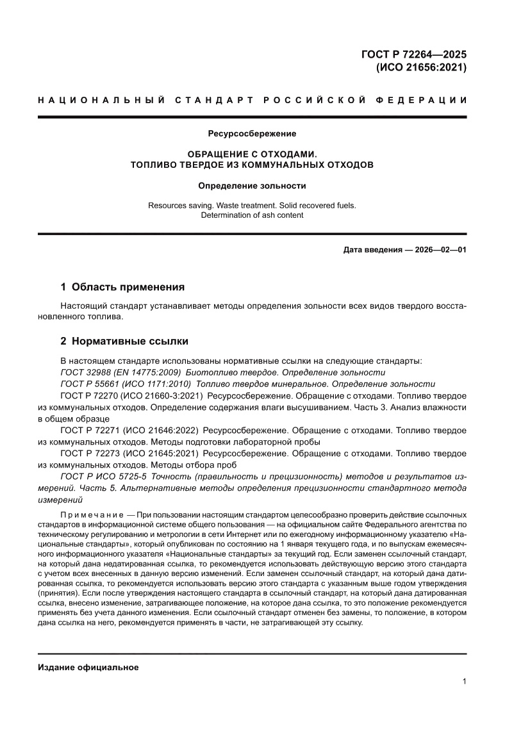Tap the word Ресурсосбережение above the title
click(x=252, y=134)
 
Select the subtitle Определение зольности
click(x=252, y=186)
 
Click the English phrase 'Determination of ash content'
click(x=252, y=215)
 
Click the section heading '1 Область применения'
click(x=122, y=287)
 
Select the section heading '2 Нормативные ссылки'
click(x=124, y=341)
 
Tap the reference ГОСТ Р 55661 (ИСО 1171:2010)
click(x=122, y=384)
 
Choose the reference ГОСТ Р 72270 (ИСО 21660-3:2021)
click(x=131, y=396)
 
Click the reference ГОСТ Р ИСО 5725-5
click(x=105, y=477)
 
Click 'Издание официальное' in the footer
click(x=88, y=668)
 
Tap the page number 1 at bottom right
click(x=463, y=682)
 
